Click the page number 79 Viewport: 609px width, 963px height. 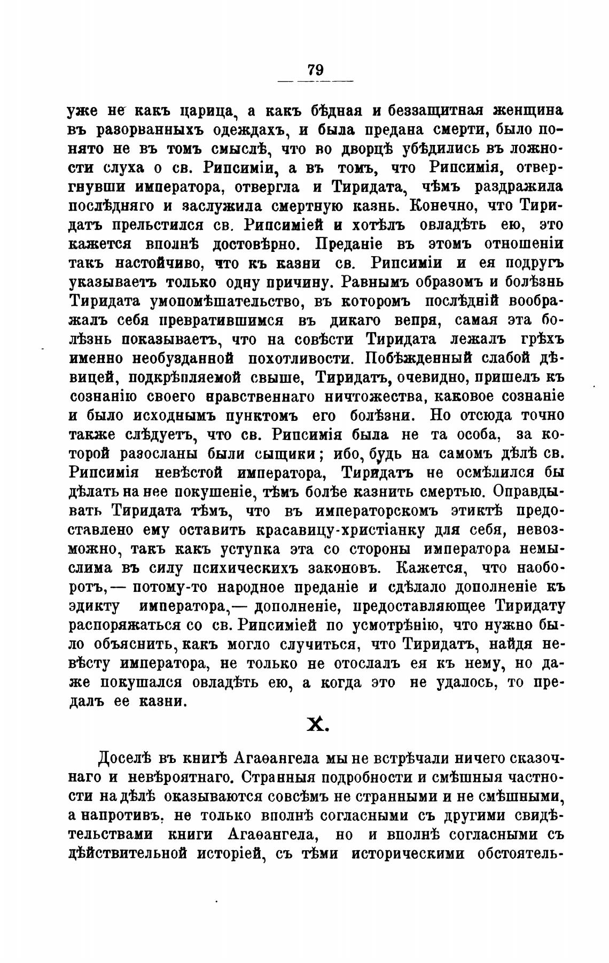coord(315,70)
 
